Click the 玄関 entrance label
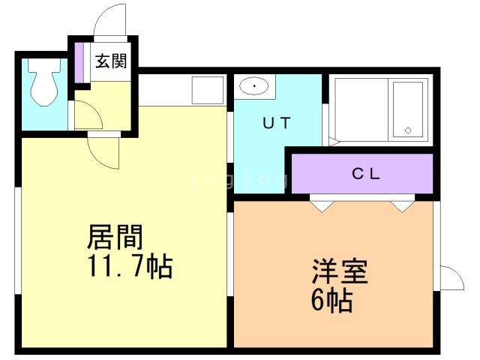[110, 61]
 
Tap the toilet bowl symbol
[42, 85]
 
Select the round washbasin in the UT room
[255, 87]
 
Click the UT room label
[276, 124]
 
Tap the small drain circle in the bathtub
[409, 130]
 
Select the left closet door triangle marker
[321, 204]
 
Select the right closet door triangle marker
[403, 204]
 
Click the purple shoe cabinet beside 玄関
[78, 61]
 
